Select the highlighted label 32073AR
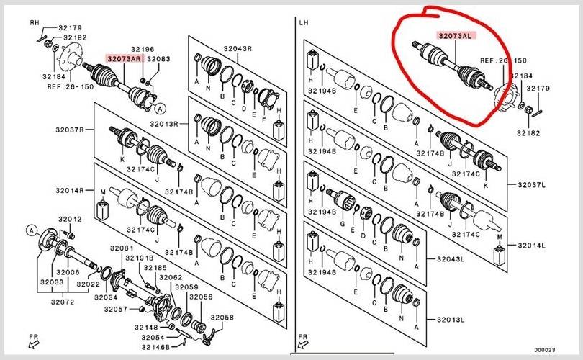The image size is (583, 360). (x=124, y=59)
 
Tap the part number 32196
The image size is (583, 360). (x=143, y=50)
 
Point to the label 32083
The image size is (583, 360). (x=158, y=59)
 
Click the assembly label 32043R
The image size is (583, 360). (x=238, y=49)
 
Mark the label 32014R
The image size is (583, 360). (x=71, y=191)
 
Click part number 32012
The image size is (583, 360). (x=70, y=219)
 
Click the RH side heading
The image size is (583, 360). (x=33, y=22)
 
